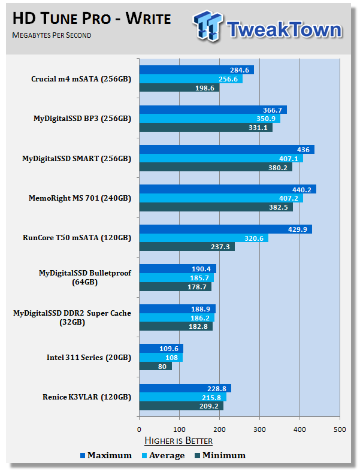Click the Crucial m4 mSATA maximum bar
coord(196,70)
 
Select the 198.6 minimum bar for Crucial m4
coord(179,88)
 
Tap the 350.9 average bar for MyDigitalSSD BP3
coord(210,119)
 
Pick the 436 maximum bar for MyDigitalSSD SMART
coord(226,150)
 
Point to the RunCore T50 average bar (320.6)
coord(204,238)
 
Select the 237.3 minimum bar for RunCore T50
coord(187,247)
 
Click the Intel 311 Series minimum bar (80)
coord(155,366)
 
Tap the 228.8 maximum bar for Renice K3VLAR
coord(185,388)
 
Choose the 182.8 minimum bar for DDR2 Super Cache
coord(176,326)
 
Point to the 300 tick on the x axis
coord(260,428)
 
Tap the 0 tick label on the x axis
coord(140,428)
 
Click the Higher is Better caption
coord(179,441)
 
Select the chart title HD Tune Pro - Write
coord(91,19)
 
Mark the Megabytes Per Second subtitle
coord(52,36)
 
